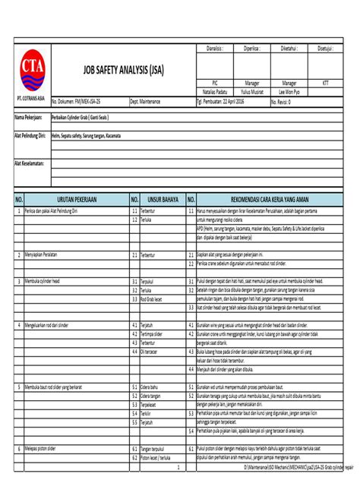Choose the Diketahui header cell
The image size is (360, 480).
click(289, 47)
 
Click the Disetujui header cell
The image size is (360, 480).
click(327, 47)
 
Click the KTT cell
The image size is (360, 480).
click(327, 81)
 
